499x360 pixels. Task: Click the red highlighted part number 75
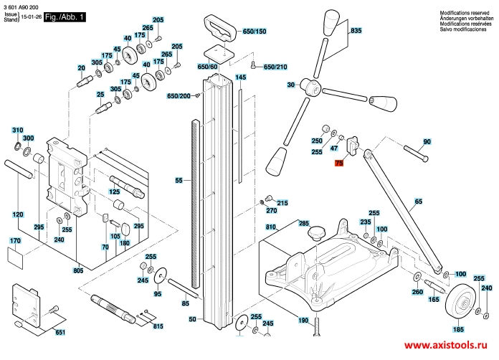tap(340, 164)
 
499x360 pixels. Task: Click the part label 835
tap(356, 31)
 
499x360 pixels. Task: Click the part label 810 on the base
tap(270, 227)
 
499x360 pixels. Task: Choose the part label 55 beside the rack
tap(179, 181)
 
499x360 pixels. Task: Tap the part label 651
tap(60, 332)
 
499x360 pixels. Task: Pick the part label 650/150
tap(254, 32)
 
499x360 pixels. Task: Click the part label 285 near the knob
tap(303, 224)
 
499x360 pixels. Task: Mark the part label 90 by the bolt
tap(427, 141)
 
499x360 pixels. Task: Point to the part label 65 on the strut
tap(418, 203)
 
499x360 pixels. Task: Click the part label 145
tap(241, 77)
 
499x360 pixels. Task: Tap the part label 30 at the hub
tap(291, 85)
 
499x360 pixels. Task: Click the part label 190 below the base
tap(303, 320)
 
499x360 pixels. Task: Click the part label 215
tap(282, 204)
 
